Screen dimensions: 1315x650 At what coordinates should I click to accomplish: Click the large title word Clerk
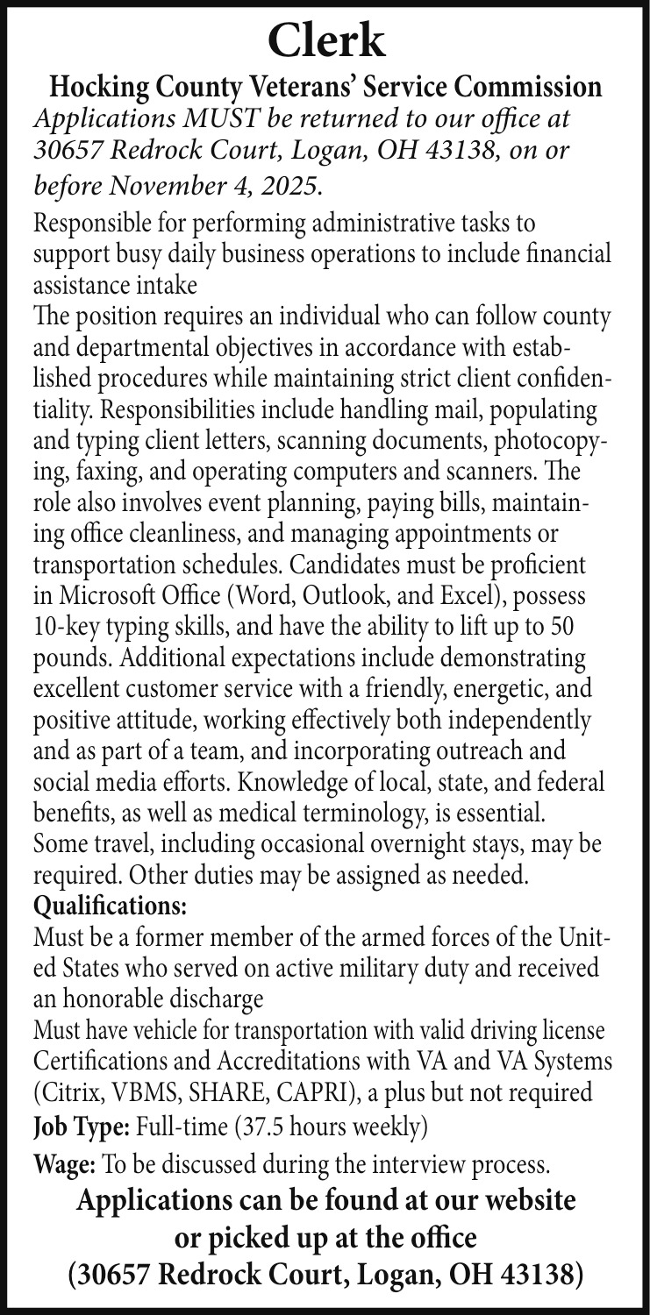point(325,38)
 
